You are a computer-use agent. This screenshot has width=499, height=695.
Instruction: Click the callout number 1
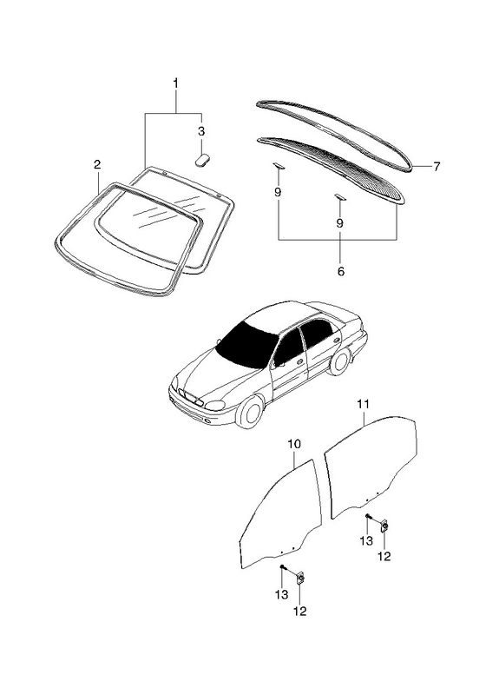tap(176, 83)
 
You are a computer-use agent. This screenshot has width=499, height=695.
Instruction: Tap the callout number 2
tap(97, 165)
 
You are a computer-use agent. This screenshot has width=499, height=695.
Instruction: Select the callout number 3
tap(201, 131)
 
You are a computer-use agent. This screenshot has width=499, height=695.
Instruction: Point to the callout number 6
tap(340, 271)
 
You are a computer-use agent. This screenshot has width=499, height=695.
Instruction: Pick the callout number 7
tap(437, 167)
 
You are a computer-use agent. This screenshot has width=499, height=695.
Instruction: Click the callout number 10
tap(294, 444)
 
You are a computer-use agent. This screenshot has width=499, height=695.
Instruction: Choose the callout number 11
tap(363, 404)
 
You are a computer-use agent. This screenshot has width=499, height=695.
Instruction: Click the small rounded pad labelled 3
tap(203, 159)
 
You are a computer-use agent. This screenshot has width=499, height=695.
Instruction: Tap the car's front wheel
tap(251, 411)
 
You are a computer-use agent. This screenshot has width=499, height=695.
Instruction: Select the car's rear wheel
tap(339, 361)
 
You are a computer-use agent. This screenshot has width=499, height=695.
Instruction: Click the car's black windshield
tap(246, 344)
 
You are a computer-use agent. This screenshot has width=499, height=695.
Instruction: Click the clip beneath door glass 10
tap(300, 578)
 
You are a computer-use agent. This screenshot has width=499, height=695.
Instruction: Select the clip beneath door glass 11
tap(384, 526)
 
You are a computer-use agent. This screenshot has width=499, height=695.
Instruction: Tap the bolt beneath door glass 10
tap(282, 567)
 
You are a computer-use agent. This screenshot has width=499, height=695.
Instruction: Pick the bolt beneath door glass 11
tap(368, 516)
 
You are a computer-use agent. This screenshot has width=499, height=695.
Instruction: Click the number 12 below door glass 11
tap(384, 556)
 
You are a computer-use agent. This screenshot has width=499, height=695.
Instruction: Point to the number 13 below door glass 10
tap(281, 594)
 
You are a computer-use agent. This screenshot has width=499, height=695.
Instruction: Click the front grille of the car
tap(190, 397)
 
